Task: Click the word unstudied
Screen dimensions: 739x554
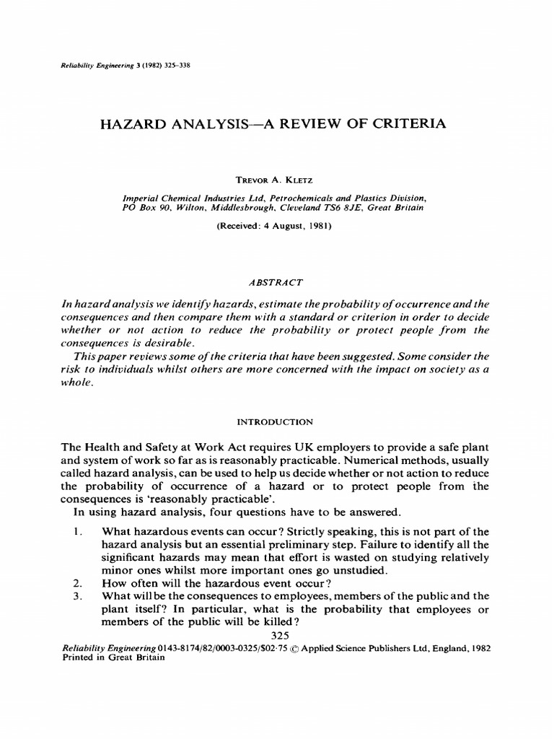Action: tap(359, 570)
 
